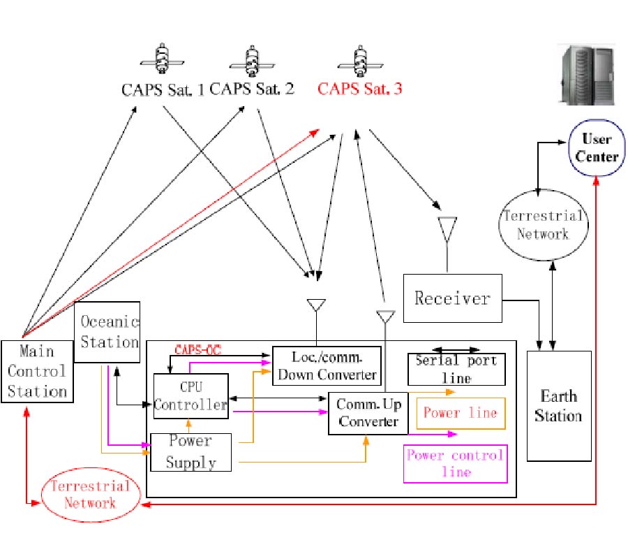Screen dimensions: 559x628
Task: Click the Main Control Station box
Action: (37, 370)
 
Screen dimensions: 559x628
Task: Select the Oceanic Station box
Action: (107, 332)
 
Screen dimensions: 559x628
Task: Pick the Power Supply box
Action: (190, 451)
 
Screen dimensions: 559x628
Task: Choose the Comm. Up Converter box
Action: (368, 413)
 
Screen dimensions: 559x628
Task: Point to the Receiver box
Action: (452, 298)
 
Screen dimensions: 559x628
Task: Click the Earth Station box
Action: (558, 406)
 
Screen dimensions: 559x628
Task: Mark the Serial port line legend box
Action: (456, 369)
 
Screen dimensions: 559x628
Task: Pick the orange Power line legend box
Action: (460, 413)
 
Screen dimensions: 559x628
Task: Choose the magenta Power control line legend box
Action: (455, 463)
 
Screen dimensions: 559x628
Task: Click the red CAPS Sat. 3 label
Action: (359, 89)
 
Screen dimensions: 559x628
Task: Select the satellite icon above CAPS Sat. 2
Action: (253, 60)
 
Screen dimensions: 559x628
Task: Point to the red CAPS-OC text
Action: (197, 350)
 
